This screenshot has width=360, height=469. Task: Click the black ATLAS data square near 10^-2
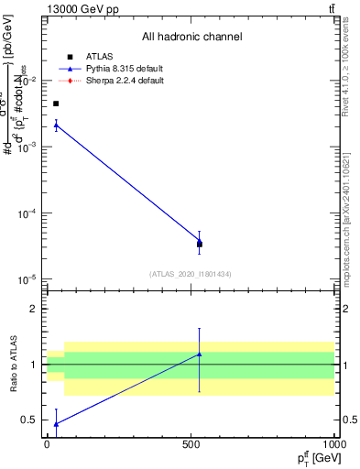coord(56,104)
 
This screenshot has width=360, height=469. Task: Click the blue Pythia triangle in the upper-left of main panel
coord(56,125)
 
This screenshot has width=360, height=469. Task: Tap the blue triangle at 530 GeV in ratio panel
coord(199,354)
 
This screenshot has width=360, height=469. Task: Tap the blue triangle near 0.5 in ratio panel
coord(56,423)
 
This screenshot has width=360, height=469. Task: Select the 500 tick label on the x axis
coord(191,444)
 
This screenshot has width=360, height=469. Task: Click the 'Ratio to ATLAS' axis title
coord(12,365)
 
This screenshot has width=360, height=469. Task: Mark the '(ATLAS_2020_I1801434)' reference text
coord(191,274)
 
